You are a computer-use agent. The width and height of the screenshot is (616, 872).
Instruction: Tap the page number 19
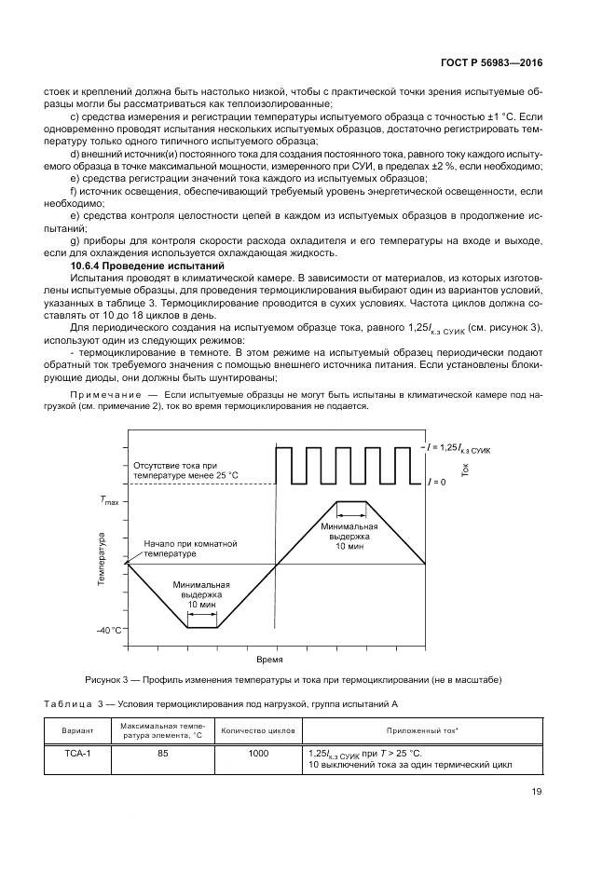tap(535, 793)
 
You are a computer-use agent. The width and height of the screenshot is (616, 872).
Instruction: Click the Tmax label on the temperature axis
tap(110, 500)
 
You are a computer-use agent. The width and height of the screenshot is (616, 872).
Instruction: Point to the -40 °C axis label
tap(109, 631)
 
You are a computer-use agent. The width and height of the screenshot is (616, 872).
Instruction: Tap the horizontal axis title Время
tap(269, 658)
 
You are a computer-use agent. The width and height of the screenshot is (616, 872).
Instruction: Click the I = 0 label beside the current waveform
tap(436, 483)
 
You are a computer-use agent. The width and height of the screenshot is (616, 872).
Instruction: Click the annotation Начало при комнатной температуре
tap(190, 548)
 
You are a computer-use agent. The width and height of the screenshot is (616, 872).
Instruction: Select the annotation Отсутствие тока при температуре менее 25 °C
tap(185, 470)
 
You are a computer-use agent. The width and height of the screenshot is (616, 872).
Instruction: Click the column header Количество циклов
tap(245, 730)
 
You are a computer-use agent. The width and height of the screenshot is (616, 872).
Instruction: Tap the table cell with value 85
tap(162, 754)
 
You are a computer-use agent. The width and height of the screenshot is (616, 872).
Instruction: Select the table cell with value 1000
tap(245, 754)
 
